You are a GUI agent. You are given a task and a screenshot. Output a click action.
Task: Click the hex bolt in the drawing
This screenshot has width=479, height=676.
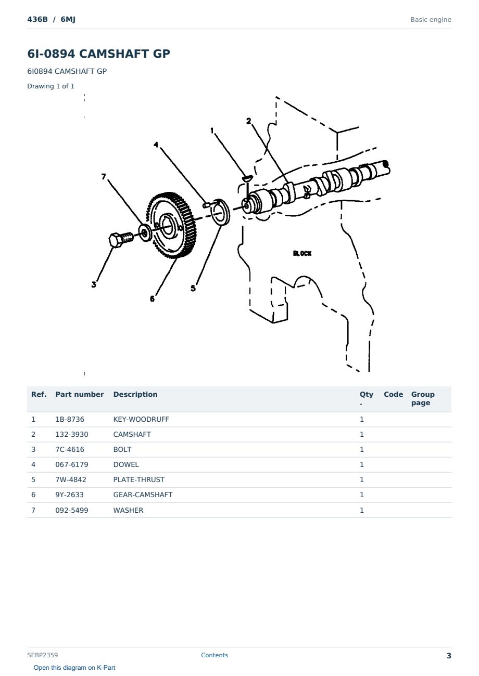coord(121,240)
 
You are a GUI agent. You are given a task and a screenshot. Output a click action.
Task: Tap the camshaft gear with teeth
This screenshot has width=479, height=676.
coord(171,225)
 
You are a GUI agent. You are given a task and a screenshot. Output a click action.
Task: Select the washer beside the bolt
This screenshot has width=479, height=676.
coord(145,232)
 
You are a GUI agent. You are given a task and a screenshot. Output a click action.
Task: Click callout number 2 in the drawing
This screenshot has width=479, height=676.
coord(248,121)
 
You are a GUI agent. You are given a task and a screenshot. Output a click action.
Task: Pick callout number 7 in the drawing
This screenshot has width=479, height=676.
coord(104,176)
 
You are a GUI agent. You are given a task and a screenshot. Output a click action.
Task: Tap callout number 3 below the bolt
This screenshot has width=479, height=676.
coord(94,284)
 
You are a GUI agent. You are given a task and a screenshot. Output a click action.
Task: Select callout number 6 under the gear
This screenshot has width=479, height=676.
coord(152,299)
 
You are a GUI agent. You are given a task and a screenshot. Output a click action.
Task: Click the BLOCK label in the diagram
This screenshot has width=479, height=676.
coord(302,253)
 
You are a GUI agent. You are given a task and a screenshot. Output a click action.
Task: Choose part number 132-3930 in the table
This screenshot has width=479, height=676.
coord(72,434)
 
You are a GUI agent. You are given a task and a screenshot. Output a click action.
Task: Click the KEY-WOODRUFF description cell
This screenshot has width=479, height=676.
coord(141,419)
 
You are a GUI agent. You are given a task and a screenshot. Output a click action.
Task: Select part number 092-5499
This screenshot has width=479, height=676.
coord(72,510)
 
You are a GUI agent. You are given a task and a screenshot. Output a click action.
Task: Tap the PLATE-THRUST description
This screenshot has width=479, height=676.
coord(138,479)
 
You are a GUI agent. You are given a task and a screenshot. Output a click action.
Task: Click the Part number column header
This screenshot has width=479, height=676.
coord(80,394)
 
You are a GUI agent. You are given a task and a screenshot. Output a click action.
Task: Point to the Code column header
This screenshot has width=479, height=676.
coord(393,394)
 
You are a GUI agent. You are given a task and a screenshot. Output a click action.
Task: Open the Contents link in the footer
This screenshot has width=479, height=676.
coord(215,655)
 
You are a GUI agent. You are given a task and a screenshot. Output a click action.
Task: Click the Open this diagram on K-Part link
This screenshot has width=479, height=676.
coord(74,667)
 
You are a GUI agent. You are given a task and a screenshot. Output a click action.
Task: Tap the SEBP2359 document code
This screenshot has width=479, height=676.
coord(43,655)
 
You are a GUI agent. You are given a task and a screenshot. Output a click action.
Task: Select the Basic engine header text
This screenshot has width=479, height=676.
coord(431,20)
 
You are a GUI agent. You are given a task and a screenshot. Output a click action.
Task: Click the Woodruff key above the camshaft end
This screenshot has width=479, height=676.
coord(247,178)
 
